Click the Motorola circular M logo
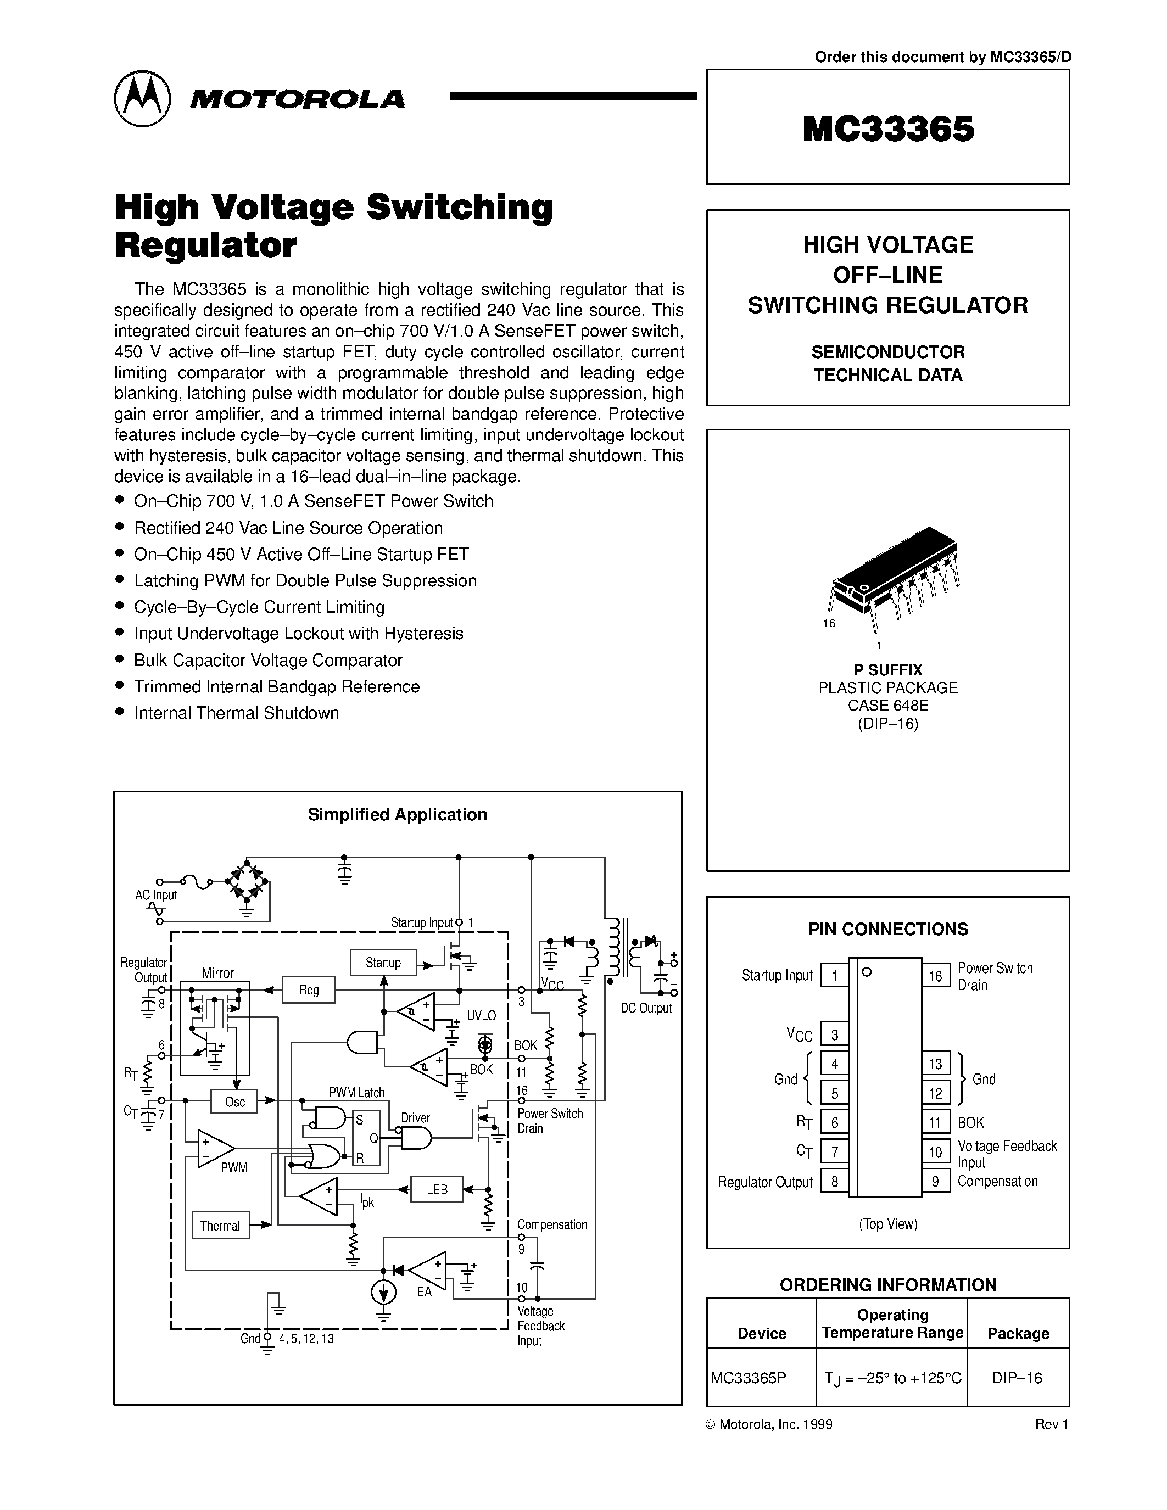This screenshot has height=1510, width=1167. (142, 99)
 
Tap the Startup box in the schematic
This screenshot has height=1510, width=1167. (383, 963)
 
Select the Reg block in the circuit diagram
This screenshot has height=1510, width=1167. (309, 989)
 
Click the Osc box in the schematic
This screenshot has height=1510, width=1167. (234, 1101)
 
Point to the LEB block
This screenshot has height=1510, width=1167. (437, 1189)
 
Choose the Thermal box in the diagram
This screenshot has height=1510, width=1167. (220, 1226)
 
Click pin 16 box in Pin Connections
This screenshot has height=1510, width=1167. (935, 976)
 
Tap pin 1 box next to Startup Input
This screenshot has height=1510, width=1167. (834, 976)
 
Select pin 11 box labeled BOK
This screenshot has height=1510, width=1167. (935, 1122)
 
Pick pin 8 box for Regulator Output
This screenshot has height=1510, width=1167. (834, 1182)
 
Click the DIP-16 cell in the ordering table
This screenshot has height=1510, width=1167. (1017, 1377)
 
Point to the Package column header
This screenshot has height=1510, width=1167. (1018, 1333)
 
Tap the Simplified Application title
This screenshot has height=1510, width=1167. (397, 814)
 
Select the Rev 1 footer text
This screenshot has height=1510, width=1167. (1052, 1424)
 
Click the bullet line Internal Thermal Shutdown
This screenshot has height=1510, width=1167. (237, 713)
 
